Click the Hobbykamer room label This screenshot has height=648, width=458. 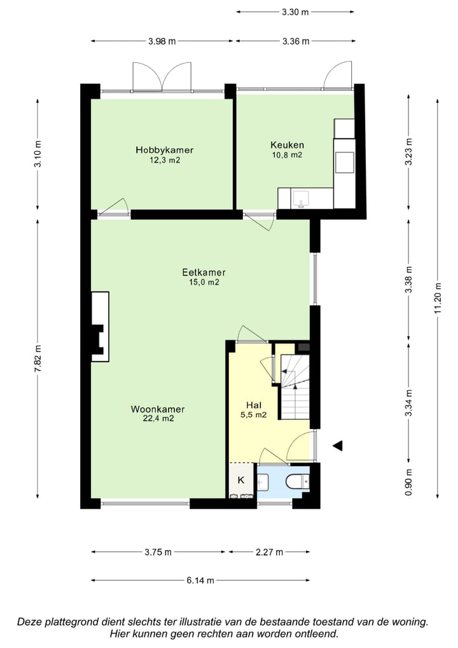[x=164, y=150]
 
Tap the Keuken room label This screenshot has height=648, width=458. [x=287, y=144]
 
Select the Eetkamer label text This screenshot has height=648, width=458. [x=204, y=272]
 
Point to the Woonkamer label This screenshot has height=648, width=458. [x=158, y=409]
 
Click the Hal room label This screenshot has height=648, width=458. [x=254, y=405]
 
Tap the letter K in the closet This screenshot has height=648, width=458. [x=241, y=480]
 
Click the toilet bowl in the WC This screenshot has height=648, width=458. [x=297, y=481]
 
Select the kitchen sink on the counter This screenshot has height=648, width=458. [x=301, y=199]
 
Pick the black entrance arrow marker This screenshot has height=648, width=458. [x=338, y=446]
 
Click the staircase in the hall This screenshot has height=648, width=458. [x=295, y=386]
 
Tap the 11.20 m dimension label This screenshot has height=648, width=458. [x=438, y=297]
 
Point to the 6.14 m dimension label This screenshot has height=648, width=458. [x=200, y=581]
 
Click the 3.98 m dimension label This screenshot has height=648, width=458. [x=162, y=41]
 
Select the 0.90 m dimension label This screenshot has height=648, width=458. [x=409, y=482]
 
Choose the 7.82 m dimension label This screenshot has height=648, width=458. [x=38, y=358]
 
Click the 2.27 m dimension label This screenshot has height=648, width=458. [x=269, y=552]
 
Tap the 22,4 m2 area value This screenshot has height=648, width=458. [x=158, y=418]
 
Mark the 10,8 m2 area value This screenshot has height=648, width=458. [x=287, y=155]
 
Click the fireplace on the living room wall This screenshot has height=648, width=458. [x=100, y=327]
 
